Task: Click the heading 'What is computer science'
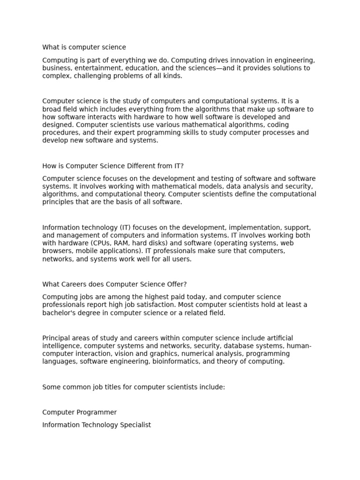(84, 47)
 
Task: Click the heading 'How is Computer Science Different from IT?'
(113, 166)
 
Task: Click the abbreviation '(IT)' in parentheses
(119, 228)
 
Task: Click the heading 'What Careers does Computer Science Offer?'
(114, 285)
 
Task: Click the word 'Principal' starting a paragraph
(57, 338)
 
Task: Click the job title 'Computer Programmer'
(79, 412)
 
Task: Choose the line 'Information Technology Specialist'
(97, 425)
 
